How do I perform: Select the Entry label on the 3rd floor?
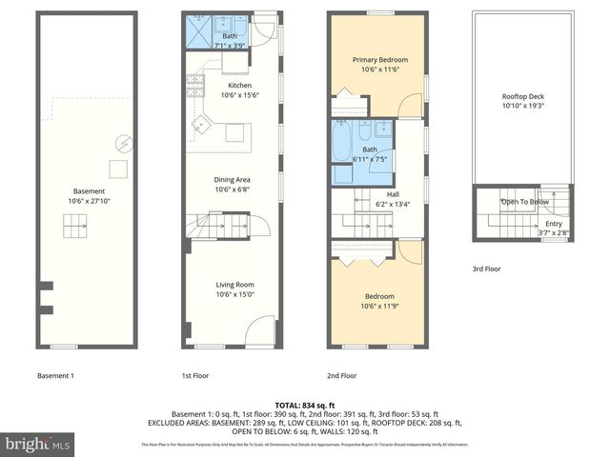[554, 225]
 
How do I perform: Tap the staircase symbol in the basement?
[74, 228]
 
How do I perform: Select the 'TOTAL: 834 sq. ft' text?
[304, 406]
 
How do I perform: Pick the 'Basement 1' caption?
[54, 375]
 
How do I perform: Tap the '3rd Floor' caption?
[487, 269]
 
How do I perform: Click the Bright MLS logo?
[38, 444]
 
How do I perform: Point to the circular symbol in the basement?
[122, 144]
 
